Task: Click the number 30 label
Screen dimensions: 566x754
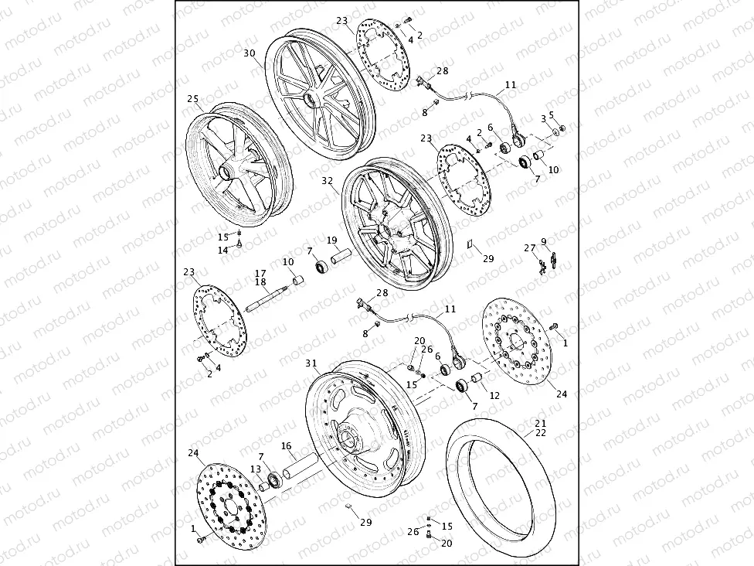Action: tap(249, 53)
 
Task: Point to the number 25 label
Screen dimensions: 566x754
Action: tap(193, 99)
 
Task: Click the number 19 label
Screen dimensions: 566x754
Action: tap(331, 240)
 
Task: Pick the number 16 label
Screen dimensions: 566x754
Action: tap(286, 446)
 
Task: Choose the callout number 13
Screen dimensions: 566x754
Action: tap(255, 470)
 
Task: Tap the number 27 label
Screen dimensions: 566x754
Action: tap(529, 248)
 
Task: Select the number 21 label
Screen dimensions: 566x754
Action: tap(541, 423)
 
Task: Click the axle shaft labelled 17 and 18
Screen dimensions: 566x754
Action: tap(267, 298)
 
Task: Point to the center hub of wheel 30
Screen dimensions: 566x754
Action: tap(311, 100)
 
